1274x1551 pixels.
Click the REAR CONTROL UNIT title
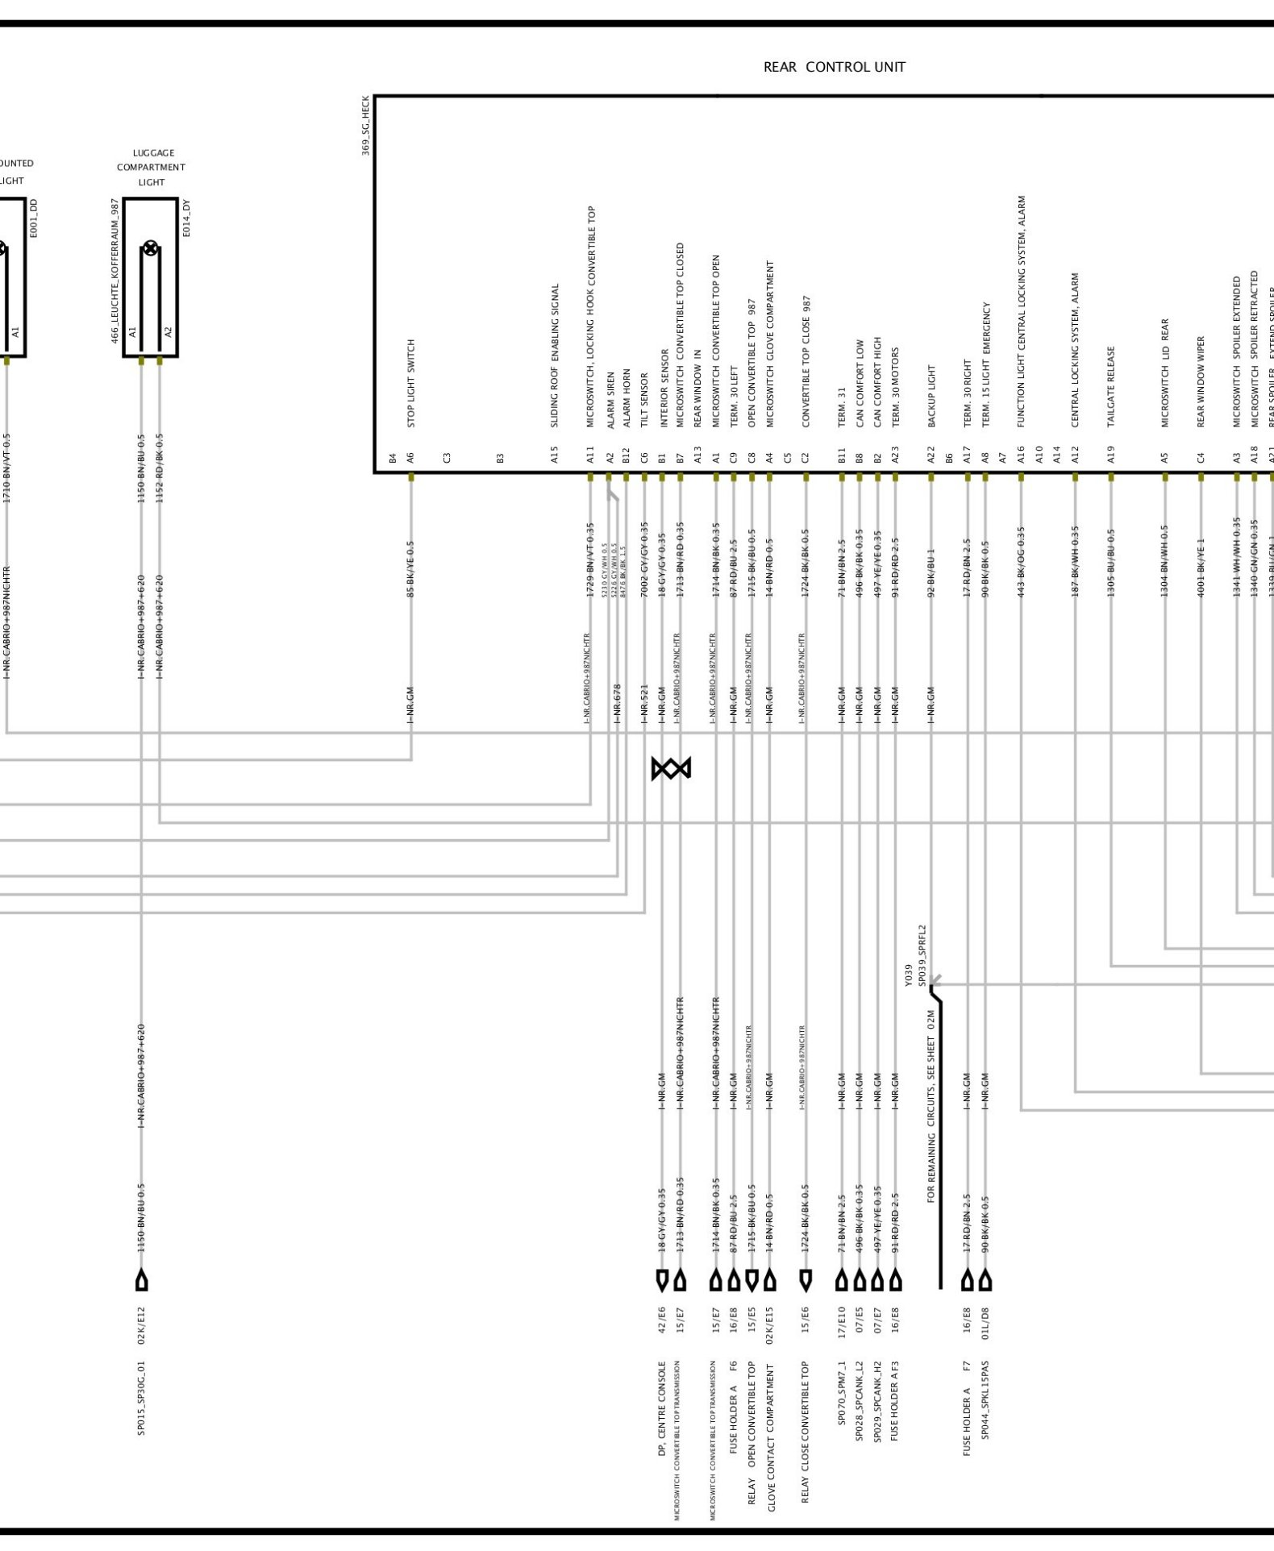834,67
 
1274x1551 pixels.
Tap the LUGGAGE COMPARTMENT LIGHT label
151,167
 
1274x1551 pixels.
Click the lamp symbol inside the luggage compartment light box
150,248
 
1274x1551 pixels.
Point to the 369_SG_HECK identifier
365,126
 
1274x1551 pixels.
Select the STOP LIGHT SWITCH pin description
410,383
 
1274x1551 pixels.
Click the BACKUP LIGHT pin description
931,396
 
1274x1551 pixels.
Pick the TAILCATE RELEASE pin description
1111,387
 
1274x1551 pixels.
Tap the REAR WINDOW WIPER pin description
1201,381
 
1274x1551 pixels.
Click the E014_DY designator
186,218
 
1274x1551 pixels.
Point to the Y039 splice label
909,975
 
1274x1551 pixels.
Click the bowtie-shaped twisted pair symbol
671,768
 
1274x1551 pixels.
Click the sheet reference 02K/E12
141,1326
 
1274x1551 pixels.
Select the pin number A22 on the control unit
931,455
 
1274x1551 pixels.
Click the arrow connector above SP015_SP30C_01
142,1279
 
